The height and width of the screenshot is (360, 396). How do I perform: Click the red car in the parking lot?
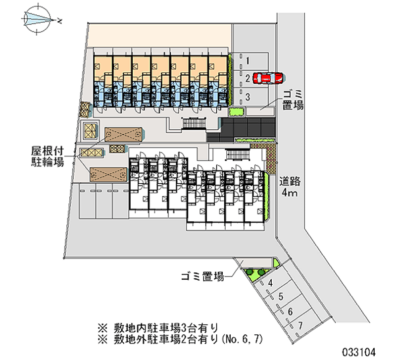(x=267, y=78)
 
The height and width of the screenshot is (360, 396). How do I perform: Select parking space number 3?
(x=247, y=96)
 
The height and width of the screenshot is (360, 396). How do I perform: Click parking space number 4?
(x=270, y=283)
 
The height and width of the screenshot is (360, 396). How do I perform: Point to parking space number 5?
(x=280, y=297)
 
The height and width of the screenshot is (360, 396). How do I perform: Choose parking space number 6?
(x=290, y=311)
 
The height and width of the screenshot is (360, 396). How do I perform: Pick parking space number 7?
(x=300, y=325)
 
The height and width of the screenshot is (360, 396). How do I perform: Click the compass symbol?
(x=38, y=19)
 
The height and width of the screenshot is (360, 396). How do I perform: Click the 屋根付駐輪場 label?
(x=48, y=155)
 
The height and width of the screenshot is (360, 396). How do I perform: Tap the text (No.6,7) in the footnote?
(x=242, y=339)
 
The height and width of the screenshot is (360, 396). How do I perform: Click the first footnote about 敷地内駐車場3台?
(x=158, y=327)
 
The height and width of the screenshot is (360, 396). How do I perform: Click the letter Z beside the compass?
(x=59, y=21)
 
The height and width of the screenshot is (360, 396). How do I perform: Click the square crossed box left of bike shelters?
(x=91, y=131)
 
